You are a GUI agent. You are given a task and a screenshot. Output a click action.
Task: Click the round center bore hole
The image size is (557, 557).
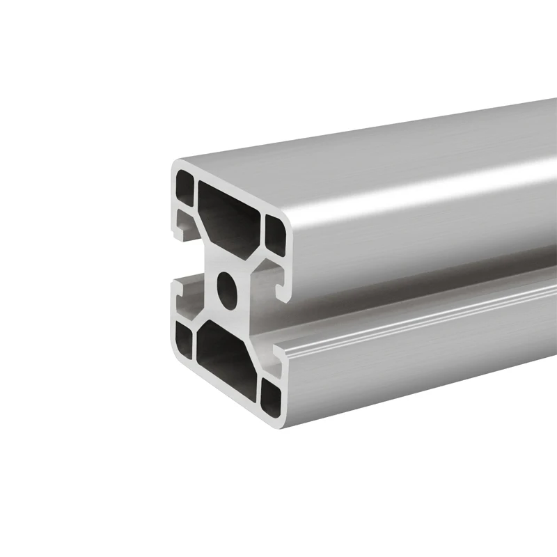[x=226, y=283]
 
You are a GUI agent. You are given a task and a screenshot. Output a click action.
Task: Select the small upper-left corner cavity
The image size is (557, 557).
[x=185, y=188]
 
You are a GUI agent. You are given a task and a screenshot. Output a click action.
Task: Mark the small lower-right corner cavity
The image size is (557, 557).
[x=271, y=394]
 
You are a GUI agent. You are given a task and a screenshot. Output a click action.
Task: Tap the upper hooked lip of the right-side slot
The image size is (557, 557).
[x=284, y=292]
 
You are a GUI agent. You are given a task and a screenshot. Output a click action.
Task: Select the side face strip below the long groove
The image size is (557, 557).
[x=418, y=362]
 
